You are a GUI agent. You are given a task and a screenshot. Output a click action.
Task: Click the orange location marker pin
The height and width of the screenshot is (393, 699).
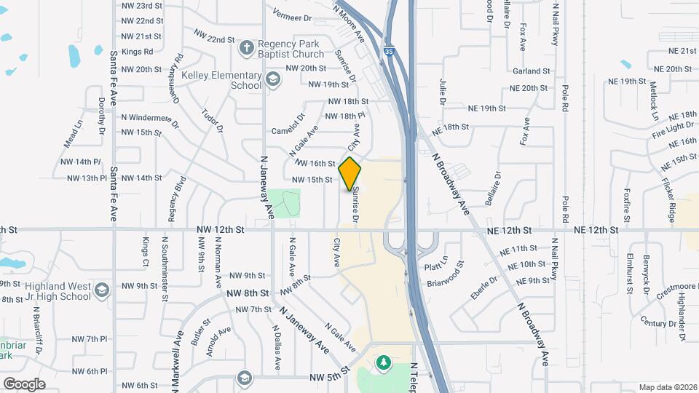tap(350, 174)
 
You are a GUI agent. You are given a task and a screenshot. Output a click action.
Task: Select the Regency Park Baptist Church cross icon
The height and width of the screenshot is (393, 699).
tap(247, 48)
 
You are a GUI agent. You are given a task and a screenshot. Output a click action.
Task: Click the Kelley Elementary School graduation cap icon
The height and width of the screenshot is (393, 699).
tap(272, 79)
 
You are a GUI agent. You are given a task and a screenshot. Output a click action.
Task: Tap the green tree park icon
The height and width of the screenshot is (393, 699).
tap(383, 362)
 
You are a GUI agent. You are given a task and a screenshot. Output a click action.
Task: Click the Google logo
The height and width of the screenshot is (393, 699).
tap(24, 384)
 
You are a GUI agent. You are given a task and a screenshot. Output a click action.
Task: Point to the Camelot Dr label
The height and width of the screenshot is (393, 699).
tap(287, 130)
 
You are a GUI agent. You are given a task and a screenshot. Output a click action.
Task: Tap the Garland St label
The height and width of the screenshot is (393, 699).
tap(531, 71)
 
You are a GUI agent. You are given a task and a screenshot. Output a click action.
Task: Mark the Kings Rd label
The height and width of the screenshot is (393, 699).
tap(137, 52)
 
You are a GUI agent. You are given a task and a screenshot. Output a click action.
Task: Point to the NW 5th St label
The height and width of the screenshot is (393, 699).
tap(330, 377)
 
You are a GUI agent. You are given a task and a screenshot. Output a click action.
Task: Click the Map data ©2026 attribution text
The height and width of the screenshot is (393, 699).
tap(667, 387)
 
